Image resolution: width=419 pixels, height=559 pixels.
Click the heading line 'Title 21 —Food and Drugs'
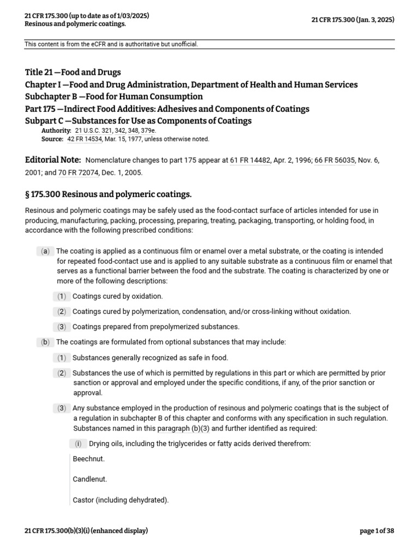pos(73,72)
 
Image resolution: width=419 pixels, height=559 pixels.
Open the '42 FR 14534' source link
pos(85,139)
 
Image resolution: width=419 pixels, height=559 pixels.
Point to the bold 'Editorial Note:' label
pos(53,160)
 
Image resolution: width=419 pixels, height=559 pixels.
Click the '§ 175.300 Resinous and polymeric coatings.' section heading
pos(109,195)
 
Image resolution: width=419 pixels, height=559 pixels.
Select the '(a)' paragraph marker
pos(45,251)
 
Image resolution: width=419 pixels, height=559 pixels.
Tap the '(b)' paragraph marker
pos(45,342)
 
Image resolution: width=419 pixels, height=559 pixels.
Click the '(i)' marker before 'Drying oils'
pos(78,444)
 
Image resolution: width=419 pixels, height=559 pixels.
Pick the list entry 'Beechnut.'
pos(88,459)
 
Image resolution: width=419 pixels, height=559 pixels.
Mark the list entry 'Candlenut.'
pos(90,479)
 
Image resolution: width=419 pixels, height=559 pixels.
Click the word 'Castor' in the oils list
pos(83,500)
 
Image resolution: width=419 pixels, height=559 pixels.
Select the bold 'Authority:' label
pos(56,130)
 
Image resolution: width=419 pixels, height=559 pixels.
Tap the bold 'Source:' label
pos(52,139)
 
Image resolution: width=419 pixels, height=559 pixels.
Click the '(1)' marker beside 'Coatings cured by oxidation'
pos(62,296)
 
